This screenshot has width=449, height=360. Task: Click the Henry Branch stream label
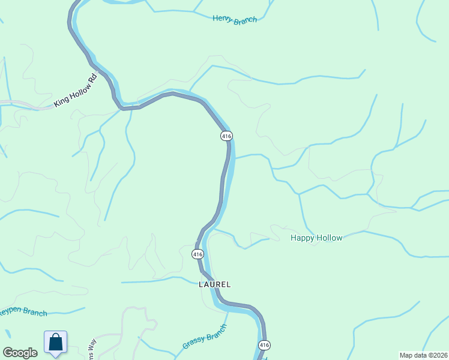235,19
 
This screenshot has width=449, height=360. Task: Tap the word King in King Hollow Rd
61,100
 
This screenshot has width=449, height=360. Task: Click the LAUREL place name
215,284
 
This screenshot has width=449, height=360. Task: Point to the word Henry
223,18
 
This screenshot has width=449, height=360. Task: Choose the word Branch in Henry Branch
246,20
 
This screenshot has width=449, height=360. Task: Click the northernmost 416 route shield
226,136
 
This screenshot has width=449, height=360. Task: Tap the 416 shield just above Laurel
198,254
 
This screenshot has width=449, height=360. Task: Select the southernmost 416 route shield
264,345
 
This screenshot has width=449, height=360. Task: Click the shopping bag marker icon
56,343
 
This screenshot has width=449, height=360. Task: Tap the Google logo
20,353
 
